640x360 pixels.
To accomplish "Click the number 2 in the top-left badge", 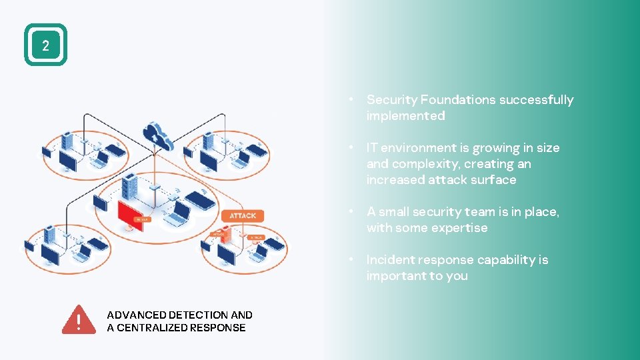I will click(x=45, y=45).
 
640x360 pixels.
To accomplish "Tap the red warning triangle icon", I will click(x=79, y=320).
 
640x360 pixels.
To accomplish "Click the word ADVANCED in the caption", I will click(x=136, y=315).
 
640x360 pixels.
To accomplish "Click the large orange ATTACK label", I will click(x=243, y=215).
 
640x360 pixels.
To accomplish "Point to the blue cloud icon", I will click(x=158, y=135).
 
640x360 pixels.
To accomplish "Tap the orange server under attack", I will click(x=225, y=233).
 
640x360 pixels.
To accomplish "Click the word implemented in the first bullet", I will click(x=405, y=116).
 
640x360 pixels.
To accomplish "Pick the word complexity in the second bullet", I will click(x=425, y=164).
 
